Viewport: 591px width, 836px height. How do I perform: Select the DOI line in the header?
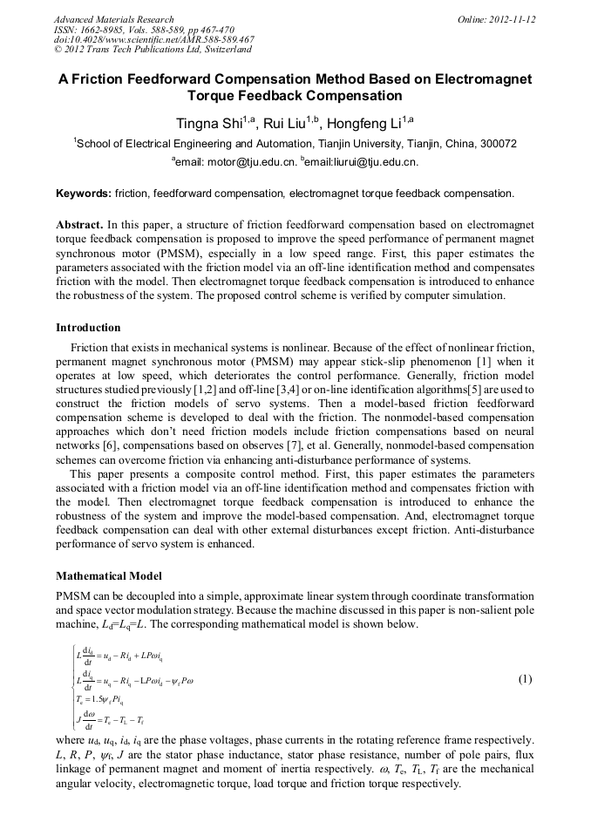coord(153,39)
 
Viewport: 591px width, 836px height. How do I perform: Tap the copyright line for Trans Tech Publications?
coord(153,50)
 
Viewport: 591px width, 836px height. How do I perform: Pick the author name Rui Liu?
coord(289,124)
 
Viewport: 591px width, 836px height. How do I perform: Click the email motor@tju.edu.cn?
coord(249,162)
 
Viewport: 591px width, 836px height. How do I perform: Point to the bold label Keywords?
coord(83,194)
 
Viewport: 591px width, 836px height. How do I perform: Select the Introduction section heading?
coord(88,328)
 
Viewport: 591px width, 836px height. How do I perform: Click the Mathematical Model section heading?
coord(108,576)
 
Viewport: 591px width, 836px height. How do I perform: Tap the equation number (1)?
coord(525,679)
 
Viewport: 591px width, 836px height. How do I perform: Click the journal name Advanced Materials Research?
coord(113,19)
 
